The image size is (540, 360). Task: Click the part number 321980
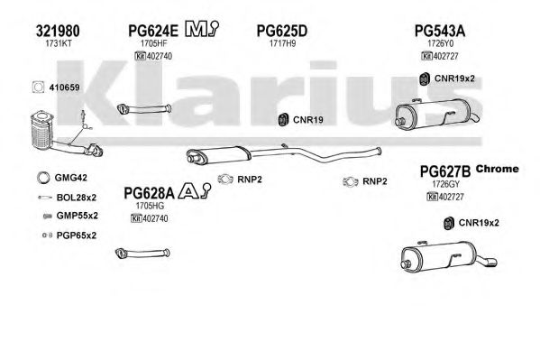tap(58, 31)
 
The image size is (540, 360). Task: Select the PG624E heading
tap(153, 31)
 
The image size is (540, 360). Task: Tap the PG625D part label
tap(281, 31)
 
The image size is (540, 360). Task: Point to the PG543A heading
tap(439, 31)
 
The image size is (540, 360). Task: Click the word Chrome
tap(497, 169)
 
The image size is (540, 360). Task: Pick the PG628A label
tap(149, 193)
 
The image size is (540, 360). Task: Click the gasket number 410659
tap(64, 88)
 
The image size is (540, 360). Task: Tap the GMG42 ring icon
tap(43, 177)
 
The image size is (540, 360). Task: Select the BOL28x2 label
tap(77, 198)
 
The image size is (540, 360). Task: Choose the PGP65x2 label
tap(77, 235)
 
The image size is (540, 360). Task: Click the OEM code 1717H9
tap(282, 43)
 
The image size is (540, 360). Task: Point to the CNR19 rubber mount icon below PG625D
tap(283, 120)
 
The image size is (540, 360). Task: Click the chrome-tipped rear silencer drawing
tap(449, 257)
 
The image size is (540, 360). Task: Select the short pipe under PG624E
tap(144, 109)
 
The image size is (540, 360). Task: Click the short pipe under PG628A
tap(142, 254)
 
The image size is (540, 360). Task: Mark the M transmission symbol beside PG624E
tap(202, 29)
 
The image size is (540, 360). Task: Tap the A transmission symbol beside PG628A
tap(195, 190)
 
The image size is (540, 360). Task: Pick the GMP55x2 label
tap(78, 216)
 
